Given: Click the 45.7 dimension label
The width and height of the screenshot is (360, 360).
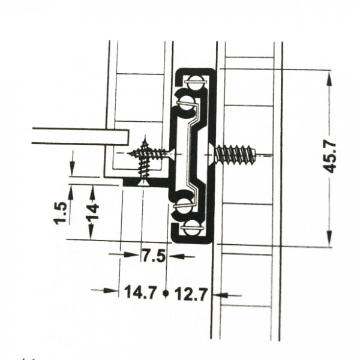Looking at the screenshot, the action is (x=330, y=157).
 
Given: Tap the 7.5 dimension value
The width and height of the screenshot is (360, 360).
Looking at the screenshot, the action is (x=154, y=256).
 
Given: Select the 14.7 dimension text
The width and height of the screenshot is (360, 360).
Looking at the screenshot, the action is (x=140, y=292).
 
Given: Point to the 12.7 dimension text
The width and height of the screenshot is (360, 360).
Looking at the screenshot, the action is (x=191, y=294).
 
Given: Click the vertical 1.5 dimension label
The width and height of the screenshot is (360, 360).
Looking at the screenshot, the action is (x=60, y=213).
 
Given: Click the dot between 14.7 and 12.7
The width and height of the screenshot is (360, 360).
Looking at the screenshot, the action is (x=166, y=293).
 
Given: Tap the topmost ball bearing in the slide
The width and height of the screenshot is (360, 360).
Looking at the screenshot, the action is (x=194, y=82).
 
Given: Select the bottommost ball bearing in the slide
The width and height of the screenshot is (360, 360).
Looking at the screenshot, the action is (x=192, y=228).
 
